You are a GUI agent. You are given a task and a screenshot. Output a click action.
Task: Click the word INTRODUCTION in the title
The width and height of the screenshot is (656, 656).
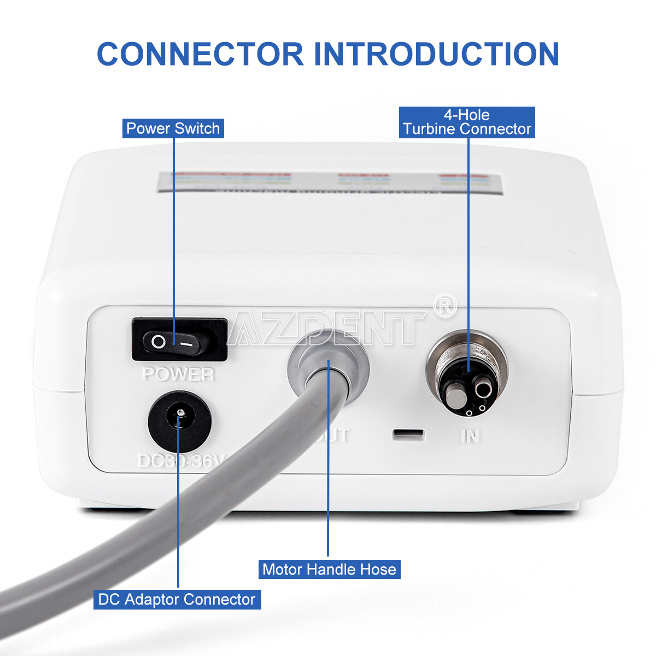point(436,54)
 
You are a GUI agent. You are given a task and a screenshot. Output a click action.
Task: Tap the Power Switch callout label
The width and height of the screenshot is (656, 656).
point(173,128)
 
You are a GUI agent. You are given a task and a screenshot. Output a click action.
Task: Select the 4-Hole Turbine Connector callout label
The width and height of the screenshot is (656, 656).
point(467,122)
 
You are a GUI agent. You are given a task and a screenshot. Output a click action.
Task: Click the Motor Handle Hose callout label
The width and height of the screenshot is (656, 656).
point(329,570)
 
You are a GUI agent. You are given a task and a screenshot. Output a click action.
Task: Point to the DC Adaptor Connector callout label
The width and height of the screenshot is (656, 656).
point(177,599)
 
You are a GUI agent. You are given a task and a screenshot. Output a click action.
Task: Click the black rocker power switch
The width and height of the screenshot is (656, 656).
point(179,340)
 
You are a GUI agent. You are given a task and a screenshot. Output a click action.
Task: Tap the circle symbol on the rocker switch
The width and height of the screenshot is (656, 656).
point(159,343)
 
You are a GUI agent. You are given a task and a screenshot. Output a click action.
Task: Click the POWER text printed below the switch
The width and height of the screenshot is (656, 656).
point(178,375)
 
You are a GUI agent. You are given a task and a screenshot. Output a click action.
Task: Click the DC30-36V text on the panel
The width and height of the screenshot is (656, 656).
point(180,461)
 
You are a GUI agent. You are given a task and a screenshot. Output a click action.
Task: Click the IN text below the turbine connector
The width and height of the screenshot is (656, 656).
point(470,436)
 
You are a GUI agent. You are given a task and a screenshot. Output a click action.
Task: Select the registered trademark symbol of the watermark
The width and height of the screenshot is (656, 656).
point(445,306)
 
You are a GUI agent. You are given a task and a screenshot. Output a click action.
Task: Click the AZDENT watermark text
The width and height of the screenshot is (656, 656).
point(328,328)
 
